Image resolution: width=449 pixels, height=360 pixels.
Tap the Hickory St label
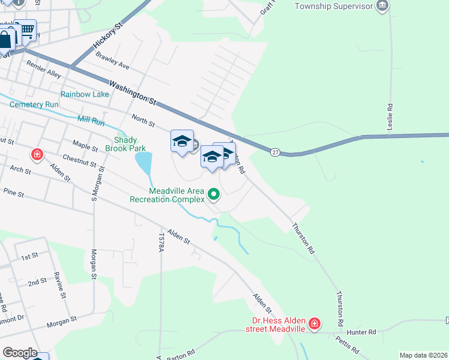(108, 36)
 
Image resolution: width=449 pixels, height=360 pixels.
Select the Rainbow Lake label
(85, 94)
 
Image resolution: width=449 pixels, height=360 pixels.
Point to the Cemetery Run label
(34, 104)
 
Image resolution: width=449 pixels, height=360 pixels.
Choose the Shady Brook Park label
(125, 143)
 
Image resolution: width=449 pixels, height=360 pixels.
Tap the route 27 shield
(275, 152)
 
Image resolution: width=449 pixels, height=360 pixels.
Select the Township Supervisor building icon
(382, 7)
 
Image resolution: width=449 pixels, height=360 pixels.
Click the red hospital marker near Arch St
(37, 155)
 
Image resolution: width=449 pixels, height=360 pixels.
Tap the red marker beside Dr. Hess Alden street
(314, 325)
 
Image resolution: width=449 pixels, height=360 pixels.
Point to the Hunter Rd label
(364, 332)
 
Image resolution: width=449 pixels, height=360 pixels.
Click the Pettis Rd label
(348, 347)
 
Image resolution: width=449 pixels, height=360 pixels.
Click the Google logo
(19, 353)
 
